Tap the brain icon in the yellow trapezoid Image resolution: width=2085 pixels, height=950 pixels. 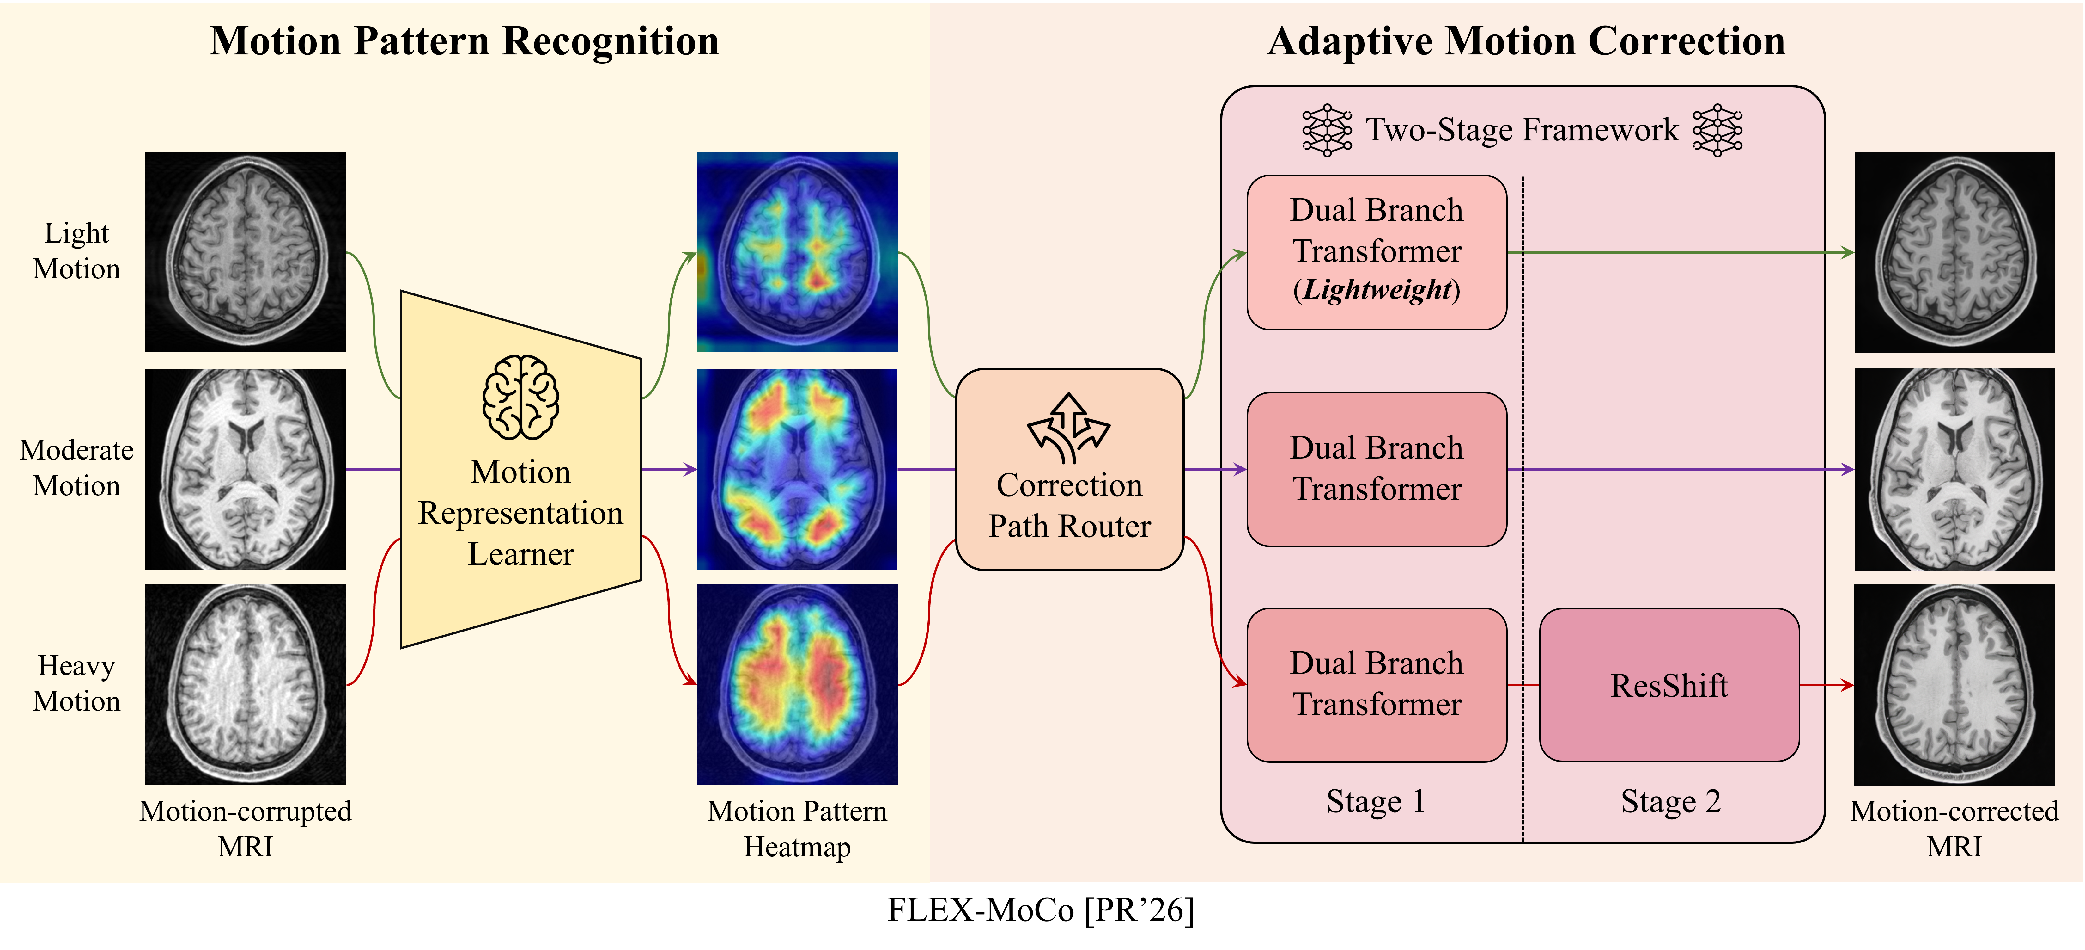click(x=520, y=397)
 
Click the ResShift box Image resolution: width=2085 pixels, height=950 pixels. click(x=1669, y=685)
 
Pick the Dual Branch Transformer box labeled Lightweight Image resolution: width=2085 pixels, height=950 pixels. click(x=1376, y=252)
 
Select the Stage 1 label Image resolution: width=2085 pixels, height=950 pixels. click(x=1375, y=801)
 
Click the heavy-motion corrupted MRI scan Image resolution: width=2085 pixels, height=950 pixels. click(x=245, y=684)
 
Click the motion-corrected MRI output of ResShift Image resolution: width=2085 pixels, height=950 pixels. click(x=1954, y=684)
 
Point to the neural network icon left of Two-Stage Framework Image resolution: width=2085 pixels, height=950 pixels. click(x=1327, y=130)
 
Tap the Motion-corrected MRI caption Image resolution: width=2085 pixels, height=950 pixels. click(x=1954, y=829)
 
